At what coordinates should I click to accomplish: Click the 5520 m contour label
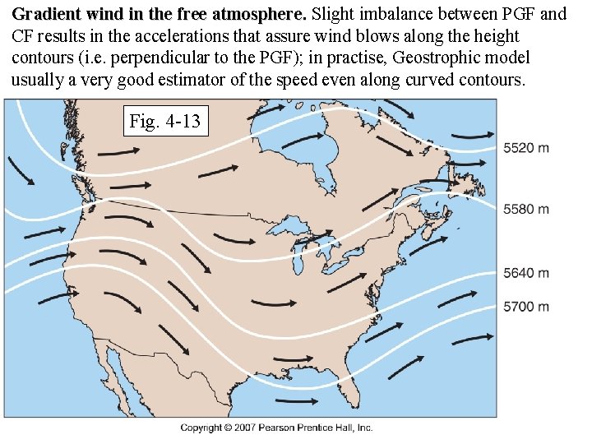pos(526,148)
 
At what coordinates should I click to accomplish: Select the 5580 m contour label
pos(526,210)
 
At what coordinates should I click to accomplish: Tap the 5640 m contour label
pos(526,273)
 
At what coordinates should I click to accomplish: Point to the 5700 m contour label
pos(526,307)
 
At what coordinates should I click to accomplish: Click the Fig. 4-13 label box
pos(165,122)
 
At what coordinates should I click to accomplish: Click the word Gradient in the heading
pos(45,15)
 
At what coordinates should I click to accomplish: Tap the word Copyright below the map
pos(201,428)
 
